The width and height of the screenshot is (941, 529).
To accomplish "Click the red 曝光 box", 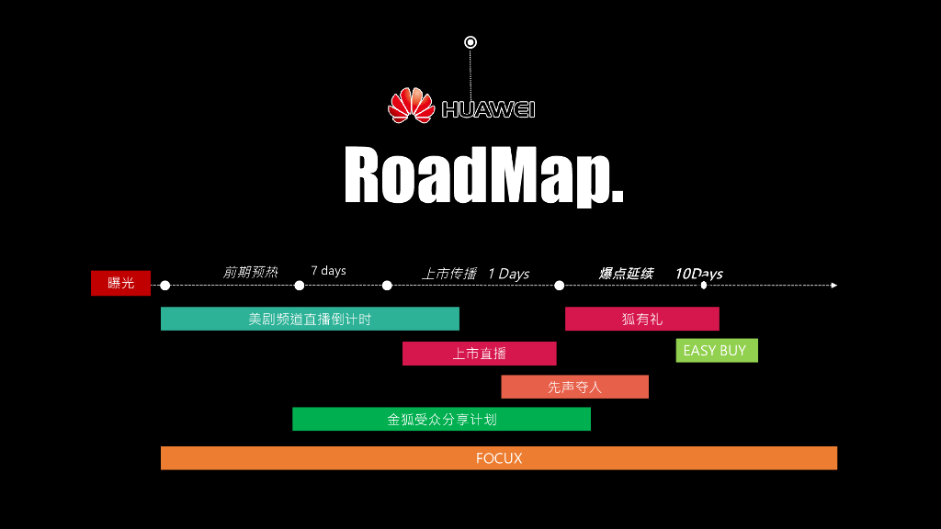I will click(x=120, y=283).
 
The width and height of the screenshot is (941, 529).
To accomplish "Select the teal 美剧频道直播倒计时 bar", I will click(x=310, y=319).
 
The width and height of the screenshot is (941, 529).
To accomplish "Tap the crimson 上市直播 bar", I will click(x=479, y=354).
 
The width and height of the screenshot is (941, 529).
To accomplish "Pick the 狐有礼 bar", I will click(x=641, y=319).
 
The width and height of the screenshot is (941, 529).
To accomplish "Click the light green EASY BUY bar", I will click(x=716, y=351).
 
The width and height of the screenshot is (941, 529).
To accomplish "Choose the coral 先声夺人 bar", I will click(x=574, y=387).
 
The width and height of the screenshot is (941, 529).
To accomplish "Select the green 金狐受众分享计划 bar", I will click(x=441, y=419).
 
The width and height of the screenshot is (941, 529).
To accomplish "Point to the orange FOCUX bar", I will click(x=498, y=458).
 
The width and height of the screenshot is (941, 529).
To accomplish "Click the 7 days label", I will click(x=328, y=271).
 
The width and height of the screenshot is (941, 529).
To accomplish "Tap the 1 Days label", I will click(x=508, y=274).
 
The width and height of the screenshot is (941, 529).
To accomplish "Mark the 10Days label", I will click(x=698, y=274).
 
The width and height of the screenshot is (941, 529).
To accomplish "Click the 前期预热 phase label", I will click(x=250, y=272).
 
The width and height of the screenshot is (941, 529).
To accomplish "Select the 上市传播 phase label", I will click(x=449, y=274).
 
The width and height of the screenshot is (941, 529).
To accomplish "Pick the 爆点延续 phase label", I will click(x=626, y=273).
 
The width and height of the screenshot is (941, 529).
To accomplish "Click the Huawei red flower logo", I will click(x=411, y=106).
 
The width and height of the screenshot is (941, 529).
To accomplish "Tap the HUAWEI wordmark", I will click(x=488, y=109).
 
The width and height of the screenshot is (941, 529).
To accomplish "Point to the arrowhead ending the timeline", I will click(x=833, y=286).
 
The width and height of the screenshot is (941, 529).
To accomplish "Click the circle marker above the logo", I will click(x=470, y=42).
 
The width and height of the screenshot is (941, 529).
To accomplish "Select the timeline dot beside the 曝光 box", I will click(x=164, y=286).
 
